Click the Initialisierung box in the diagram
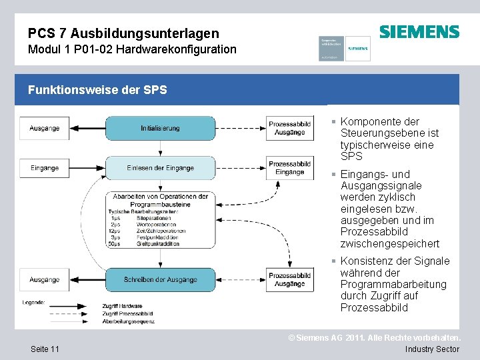pyautogui.click(x=160, y=128)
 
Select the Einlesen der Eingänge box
pyautogui.click(x=160, y=168)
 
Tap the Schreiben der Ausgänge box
pyautogui.click(x=160, y=280)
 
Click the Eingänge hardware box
pyautogui.click(x=44, y=168)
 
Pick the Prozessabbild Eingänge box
pyautogui.click(x=290, y=168)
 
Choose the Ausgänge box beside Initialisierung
pyautogui.click(x=44, y=128)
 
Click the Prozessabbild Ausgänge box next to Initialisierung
pyautogui.click(x=290, y=128)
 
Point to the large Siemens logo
pyautogui.click(x=419, y=32)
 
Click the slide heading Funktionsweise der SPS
pyautogui.click(x=97, y=90)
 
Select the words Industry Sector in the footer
pyautogui.click(x=432, y=349)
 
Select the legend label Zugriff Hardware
pyautogui.click(x=122, y=305)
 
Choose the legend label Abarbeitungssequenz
pyautogui.click(x=129, y=321)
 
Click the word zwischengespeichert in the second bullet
pyautogui.click(x=390, y=243)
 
